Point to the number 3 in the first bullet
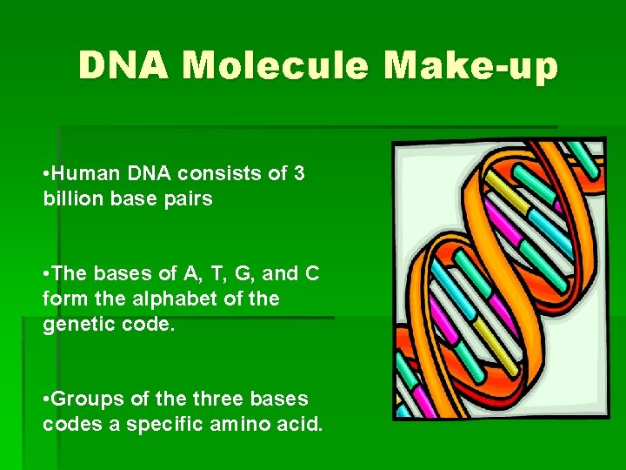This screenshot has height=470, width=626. pyautogui.click(x=299, y=173)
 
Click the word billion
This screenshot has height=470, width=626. pyautogui.click(x=69, y=198)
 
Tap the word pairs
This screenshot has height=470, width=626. pyautogui.click(x=188, y=198)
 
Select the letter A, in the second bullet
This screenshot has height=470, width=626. pyautogui.click(x=190, y=273)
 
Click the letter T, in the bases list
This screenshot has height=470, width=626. pyautogui.click(x=213, y=273)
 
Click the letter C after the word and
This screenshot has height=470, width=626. pyautogui.click(x=312, y=273)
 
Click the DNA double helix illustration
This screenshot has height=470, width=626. pyautogui.click(x=499, y=279)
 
